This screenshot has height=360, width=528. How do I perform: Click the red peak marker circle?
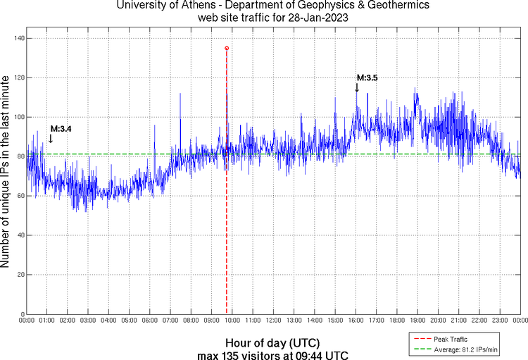226,48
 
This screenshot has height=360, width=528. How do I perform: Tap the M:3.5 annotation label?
367,78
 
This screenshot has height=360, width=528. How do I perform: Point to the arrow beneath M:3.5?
357,87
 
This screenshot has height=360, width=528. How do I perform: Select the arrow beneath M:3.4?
51,138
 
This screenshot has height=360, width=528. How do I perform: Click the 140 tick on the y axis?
17,38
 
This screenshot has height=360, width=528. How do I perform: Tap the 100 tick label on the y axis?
17,117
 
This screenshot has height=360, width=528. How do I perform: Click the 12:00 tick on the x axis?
273,321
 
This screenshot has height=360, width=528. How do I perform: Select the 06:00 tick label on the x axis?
150,321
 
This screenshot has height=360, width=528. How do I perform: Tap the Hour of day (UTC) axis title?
273,342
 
